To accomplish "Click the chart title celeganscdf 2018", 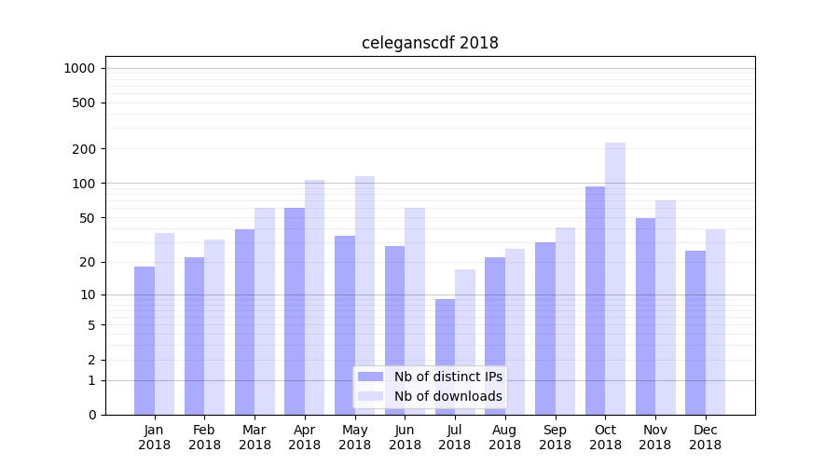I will [x=430, y=43].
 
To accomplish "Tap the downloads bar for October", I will [x=615, y=279].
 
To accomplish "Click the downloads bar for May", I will [x=364, y=295].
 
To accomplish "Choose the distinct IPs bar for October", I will [x=595, y=300].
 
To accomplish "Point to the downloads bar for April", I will [x=314, y=297].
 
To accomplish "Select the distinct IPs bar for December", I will [x=695, y=333].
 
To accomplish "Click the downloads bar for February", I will [x=214, y=327].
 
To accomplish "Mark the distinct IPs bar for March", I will [x=244, y=322].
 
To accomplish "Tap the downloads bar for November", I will [x=666, y=308].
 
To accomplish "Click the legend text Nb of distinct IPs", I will [x=447, y=377].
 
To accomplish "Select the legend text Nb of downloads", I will [x=447, y=396].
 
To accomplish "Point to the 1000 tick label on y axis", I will [x=79, y=68].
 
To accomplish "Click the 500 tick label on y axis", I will [x=84, y=103].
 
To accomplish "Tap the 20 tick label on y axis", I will [x=88, y=262].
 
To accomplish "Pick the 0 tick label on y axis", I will [x=91, y=415].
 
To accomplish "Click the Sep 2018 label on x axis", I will [x=555, y=437].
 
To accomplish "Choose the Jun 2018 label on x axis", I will [x=405, y=437].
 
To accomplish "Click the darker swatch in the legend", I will [x=370, y=377].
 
